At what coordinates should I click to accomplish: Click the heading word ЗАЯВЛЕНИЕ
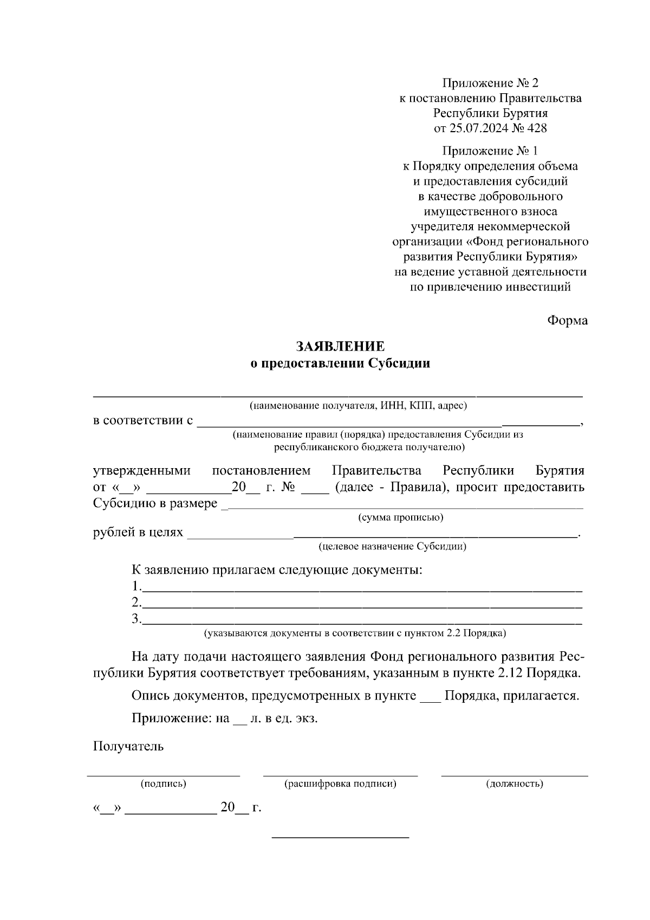coord(340,346)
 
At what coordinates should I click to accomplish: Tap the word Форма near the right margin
coord(567,321)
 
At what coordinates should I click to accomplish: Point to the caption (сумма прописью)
coord(401,517)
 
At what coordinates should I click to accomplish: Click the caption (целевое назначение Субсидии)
coord(393,546)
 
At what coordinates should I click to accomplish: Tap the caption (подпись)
coord(164,783)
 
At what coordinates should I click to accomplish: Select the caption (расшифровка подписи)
coord(340,783)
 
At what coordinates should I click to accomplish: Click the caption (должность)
coord(515,783)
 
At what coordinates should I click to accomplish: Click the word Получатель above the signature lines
coord(128,747)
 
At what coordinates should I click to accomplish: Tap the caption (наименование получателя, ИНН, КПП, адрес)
coord(358,405)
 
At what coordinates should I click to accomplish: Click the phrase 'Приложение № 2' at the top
coord(491,83)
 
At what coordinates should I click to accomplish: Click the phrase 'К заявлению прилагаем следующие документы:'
coord(277,571)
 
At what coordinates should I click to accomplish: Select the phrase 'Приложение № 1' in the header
coord(491,151)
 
